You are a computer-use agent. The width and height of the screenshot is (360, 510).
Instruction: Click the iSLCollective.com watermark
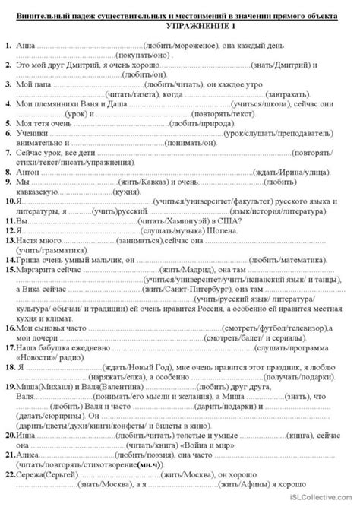point(326,502)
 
